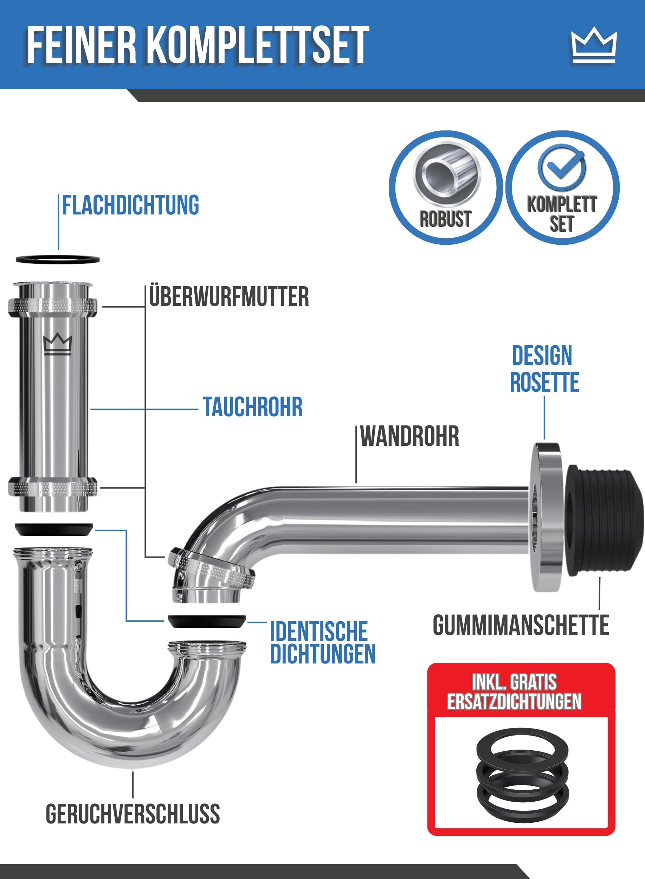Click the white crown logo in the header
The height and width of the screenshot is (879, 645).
594,45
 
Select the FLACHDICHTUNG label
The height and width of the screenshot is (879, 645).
131,205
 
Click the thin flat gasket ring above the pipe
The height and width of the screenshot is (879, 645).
58,259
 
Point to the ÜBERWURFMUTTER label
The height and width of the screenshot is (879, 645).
229,296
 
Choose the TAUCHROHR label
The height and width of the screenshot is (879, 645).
253,407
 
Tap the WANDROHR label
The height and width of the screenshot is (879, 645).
409,436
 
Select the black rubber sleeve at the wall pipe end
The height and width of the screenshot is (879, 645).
604,520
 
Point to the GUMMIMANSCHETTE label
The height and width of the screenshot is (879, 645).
521,625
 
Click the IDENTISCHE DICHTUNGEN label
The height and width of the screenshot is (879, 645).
323,642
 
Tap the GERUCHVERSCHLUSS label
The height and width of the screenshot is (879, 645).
133,814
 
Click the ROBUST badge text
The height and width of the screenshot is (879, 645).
445,219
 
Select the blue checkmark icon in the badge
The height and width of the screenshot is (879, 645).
561,167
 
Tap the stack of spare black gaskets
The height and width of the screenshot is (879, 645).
522,772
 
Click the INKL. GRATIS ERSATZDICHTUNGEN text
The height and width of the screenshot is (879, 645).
514,692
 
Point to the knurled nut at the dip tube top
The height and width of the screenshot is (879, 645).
53,306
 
